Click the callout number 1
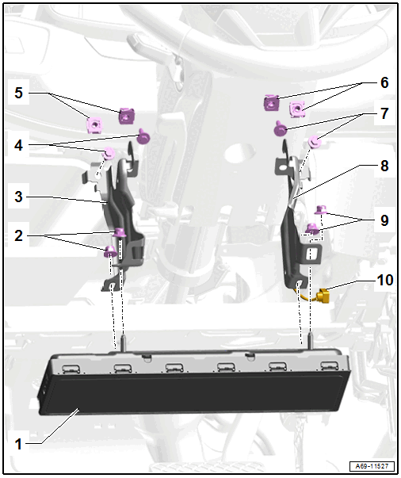[x=18, y=444]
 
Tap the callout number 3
[x=18, y=197]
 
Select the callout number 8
[x=384, y=166]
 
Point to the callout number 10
[x=385, y=280]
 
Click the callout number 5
[x=18, y=93]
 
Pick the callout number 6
[x=384, y=82]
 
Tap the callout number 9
[x=384, y=220]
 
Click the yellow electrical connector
[x=323, y=296]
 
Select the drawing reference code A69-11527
[x=372, y=466]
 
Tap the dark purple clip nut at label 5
[x=127, y=116]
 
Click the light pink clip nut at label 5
[x=94, y=125]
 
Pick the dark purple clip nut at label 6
[x=271, y=103]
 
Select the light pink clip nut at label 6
[x=297, y=109]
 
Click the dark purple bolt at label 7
[x=280, y=129]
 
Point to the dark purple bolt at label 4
[x=143, y=137]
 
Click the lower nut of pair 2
[x=110, y=251]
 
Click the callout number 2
[x=18, y=235]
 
